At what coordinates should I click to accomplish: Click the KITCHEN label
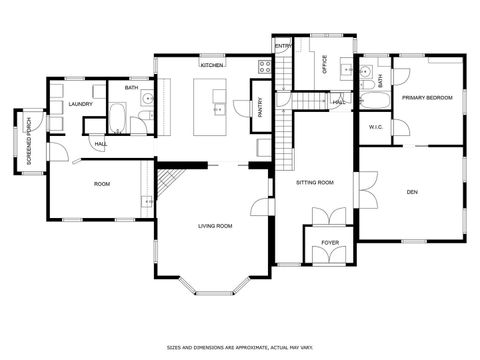coord(211,65)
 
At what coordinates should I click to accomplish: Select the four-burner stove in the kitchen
coord(265,68)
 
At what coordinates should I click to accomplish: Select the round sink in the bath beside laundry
coord(146,99)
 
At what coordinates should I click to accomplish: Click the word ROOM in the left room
coord(101,184)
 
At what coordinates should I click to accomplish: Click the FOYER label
coord(329,243)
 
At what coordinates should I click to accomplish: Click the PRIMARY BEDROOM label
coord(427,98)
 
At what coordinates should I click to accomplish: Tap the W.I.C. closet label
coord(376,127)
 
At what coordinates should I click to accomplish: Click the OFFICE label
coord(325,63)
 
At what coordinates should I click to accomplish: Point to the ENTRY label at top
coord(283,45)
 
